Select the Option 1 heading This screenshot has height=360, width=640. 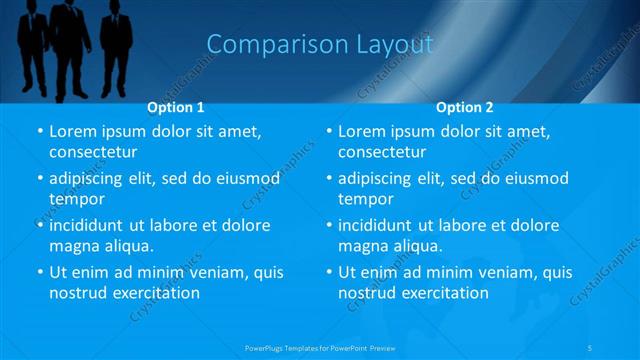point(176,107)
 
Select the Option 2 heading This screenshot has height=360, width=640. point(465,107)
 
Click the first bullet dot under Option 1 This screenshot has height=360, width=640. point(39,132)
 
